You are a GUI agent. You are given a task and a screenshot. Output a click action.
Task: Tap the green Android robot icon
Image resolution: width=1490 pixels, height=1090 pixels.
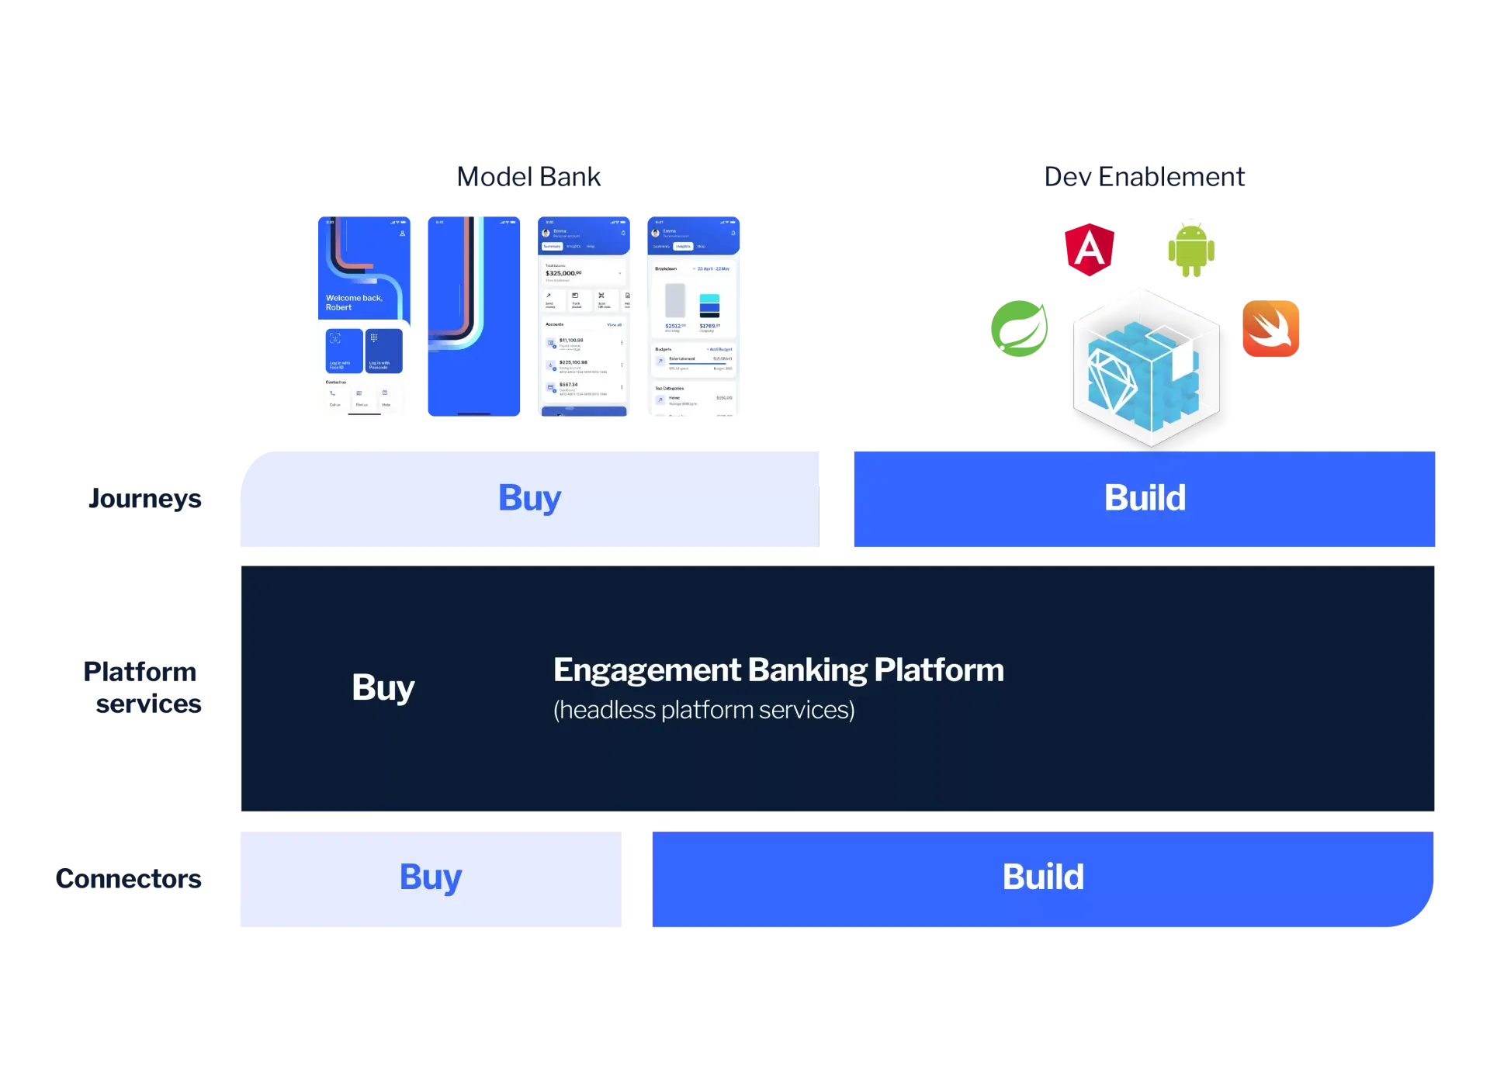click(x=1190, y=249)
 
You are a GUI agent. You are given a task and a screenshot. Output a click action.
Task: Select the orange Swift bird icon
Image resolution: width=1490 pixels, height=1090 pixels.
click(x=1270, y=328)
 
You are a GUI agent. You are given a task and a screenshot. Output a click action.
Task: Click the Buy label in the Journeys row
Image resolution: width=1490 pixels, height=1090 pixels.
click(x=529, y=498)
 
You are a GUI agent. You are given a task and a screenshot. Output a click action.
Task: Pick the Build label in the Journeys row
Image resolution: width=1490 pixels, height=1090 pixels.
click(x=1145, y=498)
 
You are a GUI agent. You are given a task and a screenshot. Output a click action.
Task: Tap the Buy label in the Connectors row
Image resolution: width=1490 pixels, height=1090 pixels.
click(x=431, y=877)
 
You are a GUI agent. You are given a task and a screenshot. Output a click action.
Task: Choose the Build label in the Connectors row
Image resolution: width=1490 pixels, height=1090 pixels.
click(x=1043, y=877)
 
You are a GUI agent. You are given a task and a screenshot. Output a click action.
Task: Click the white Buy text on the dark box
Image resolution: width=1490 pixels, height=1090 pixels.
click(x=383, y=687)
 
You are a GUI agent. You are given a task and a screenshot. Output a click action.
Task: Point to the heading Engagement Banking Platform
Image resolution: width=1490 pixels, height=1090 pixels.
click(x=778, y=670)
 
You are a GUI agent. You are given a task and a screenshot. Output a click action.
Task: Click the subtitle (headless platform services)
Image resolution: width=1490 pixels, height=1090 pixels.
click(x=704, y=710)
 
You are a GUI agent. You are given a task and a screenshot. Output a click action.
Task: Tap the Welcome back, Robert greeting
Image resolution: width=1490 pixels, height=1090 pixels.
click(x=354, y=303)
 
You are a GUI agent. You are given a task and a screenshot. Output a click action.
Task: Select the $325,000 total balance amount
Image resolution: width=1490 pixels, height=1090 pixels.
click(x=563, y=273)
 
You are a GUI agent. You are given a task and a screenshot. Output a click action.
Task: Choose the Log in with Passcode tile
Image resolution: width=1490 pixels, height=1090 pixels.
click(x=383, y=351)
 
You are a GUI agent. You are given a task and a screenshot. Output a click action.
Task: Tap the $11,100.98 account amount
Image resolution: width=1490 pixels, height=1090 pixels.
click(x=571, y=340)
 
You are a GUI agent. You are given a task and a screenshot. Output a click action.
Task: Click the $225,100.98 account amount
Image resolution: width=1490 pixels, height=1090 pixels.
click(x=573, y=362)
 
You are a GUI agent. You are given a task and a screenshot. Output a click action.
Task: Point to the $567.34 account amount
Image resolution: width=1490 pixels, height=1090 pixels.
click(x=569, y=384)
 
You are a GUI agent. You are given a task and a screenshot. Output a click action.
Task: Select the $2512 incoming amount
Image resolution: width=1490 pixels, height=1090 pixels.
click(x=674, y=326)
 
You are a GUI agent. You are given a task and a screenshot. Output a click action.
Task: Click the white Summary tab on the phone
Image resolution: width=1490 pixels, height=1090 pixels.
click(x=552, y=246)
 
